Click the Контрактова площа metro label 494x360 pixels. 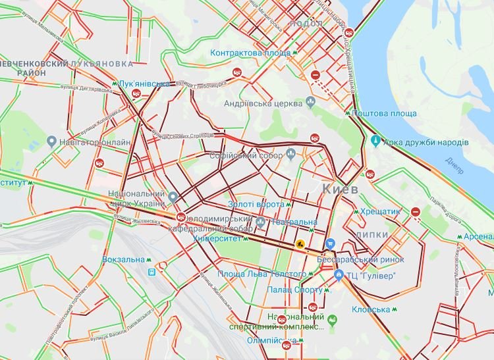[x=251, y=52]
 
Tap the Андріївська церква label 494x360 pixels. [x=263, y=103]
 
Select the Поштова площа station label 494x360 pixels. [x=384, y=113]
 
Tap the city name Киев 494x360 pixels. [x=340, y=190]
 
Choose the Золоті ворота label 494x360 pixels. [x=256, y=205]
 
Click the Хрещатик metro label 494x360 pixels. [x=381, y=212]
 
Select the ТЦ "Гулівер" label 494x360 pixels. [x=372, y=275]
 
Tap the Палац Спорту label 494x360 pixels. [x=294, y=290]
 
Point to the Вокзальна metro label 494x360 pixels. [x=123, y=259]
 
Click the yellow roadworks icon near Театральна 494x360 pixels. [x=300, y=243]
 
